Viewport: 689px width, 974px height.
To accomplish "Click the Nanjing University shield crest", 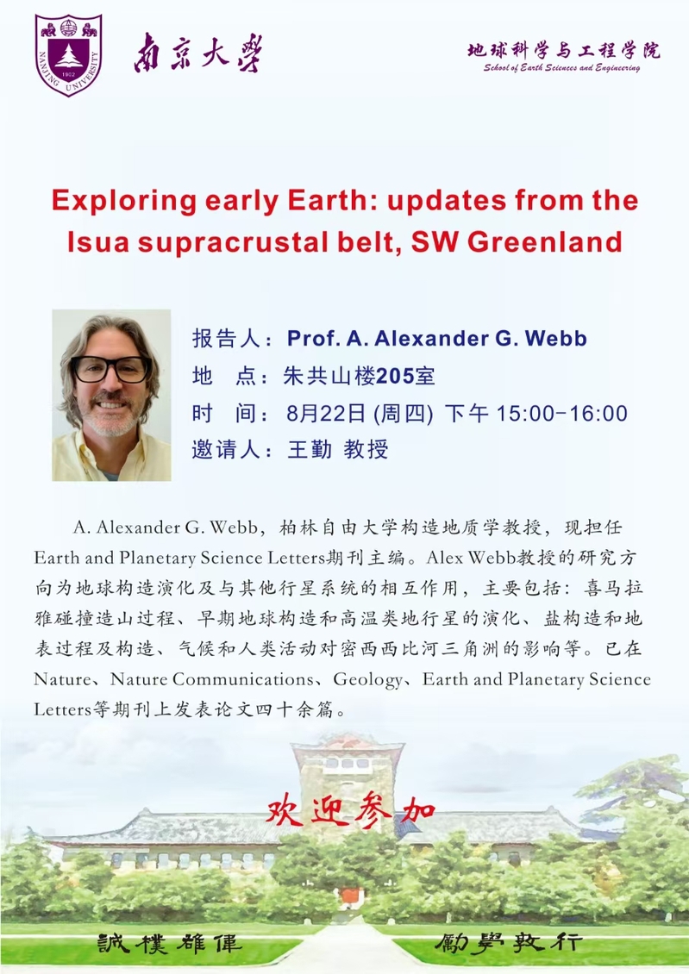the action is coord(68,54).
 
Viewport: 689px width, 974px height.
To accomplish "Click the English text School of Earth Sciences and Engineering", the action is coord(561,68).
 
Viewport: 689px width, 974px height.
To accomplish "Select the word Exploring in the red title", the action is coord(124,201).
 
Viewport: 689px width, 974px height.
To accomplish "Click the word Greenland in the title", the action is coord(545,241).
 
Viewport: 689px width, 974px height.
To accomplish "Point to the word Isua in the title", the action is coord(98,241).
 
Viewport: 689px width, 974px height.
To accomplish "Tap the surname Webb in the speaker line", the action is coord(556,339).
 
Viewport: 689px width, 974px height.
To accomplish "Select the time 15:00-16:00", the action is coord(561,413).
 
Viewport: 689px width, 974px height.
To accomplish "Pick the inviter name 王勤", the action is coord(310,449).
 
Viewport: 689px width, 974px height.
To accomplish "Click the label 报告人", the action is coord(226,339).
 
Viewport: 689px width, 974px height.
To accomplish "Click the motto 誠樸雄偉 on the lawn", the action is coord(169,944).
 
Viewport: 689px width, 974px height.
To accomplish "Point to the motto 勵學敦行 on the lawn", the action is coord(508,943).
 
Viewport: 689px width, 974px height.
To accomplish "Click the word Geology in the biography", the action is coord(368,680).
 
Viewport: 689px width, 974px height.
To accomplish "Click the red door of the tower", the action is coord(350,896).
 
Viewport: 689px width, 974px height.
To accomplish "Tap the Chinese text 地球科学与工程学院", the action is coord(563,50).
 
